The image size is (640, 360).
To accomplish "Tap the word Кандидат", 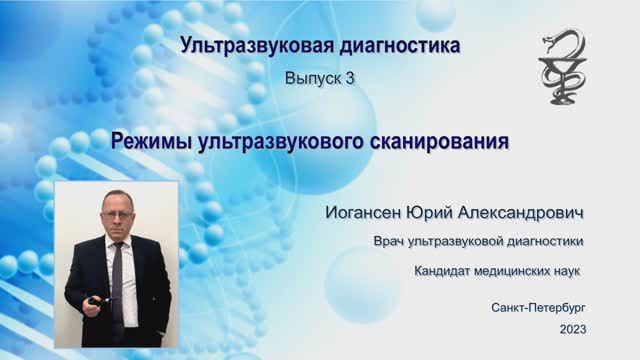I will (444, 271).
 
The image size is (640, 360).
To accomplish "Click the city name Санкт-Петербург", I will (539, 307).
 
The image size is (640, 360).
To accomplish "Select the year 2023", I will (573, 329).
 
